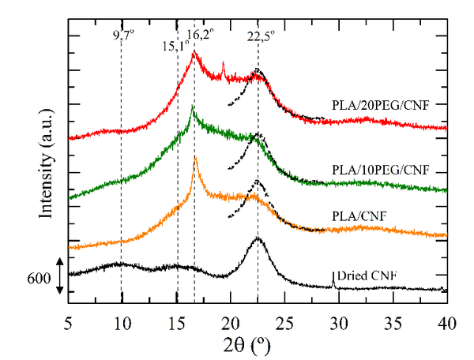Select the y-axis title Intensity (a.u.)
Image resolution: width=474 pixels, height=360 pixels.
[48, 166]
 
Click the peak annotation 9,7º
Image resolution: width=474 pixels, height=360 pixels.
[123, 36]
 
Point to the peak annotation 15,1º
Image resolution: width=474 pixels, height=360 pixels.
[175, 46]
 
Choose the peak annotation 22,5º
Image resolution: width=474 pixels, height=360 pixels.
[261, 36]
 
